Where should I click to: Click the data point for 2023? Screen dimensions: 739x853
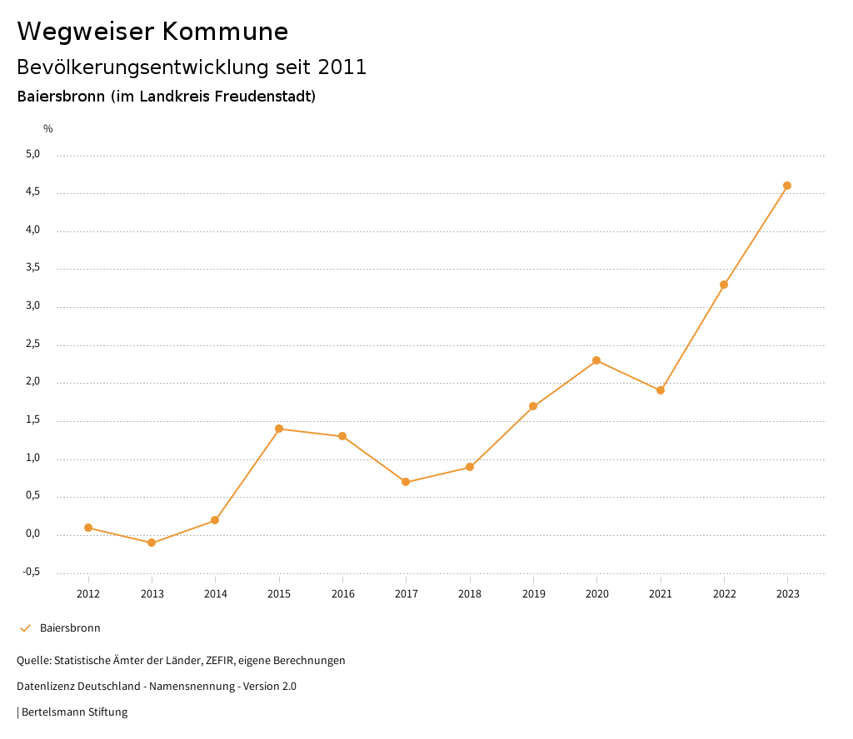787,186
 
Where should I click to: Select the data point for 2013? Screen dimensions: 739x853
152,543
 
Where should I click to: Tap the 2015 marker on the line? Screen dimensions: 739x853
279,429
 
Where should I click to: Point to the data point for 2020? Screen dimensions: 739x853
596,360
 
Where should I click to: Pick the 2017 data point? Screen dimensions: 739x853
406,482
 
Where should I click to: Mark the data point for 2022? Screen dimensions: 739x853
724,285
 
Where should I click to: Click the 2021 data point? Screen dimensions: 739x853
661,390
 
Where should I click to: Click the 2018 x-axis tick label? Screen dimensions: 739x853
470,594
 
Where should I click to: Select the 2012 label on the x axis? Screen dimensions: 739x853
88,594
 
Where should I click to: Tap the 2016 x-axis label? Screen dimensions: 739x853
342,594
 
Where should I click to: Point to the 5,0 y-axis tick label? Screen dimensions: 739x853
33,155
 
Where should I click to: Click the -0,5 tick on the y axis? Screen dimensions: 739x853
32,573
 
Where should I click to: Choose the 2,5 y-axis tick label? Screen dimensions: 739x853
33,345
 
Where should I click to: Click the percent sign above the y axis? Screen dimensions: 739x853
48,129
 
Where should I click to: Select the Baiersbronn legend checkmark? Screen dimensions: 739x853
25,628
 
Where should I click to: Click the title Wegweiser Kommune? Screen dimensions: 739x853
152,32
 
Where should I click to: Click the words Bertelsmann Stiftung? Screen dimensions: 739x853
74,712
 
